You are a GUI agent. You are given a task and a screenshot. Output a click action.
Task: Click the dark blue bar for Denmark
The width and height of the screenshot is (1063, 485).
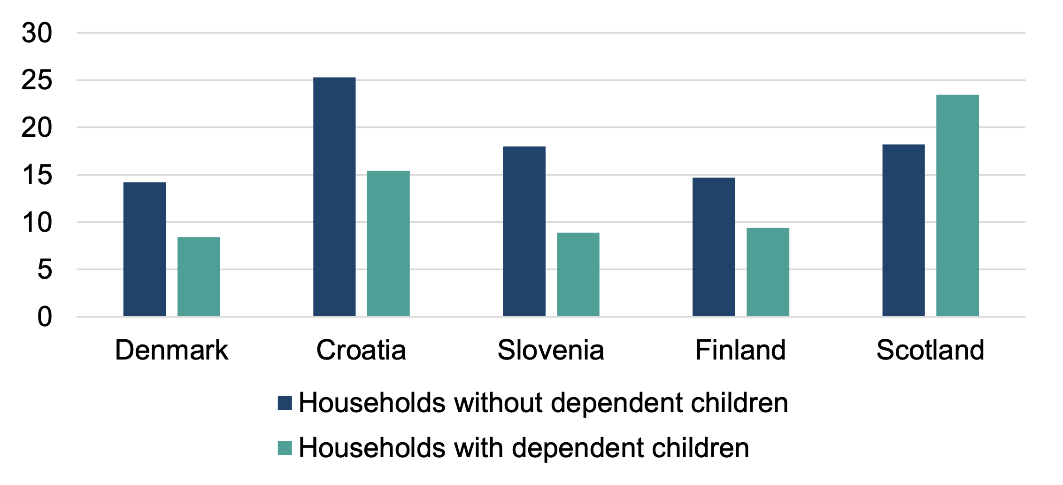pyautogui.click(x=145, y=249)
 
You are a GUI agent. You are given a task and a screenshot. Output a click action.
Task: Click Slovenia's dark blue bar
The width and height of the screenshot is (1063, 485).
pyautogui.click(x=524, y=231)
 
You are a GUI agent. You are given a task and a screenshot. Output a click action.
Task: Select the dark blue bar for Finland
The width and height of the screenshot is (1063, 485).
pyautogui.click(x=714, y=247)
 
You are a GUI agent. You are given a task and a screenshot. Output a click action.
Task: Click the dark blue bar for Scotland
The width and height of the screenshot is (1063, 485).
pyautogui.click(x=903, y=230)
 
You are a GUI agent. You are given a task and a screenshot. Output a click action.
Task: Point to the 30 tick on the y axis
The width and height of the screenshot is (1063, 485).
pyautogui.click(x=37, y=33)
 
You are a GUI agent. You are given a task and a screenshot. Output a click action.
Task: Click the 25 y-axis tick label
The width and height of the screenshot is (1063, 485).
pyautogui.click(x=37, y=80)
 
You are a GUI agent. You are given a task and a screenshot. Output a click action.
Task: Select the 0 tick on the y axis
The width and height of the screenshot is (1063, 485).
pyautogui.click(x=45, y=317)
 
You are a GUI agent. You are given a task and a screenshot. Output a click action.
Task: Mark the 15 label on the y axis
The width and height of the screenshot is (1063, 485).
pyautogui.click(x=37, y=175)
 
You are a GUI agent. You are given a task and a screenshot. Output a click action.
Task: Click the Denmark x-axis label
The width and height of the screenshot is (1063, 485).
pyautogui.click(x=171, y=350)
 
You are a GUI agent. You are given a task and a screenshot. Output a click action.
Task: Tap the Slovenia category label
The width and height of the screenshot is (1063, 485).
pyautogui.click(x=551, y=350)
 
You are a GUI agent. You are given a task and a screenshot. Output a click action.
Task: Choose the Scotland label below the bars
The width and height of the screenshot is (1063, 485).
pyautogui.click(x=930, y=350)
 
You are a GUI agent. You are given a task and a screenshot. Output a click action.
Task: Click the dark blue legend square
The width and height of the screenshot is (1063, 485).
pyautogui.click(x=285, y=403)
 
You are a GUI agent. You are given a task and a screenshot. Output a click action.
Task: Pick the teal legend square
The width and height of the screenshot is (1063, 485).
pyautogui.click(x=285, y=448)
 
